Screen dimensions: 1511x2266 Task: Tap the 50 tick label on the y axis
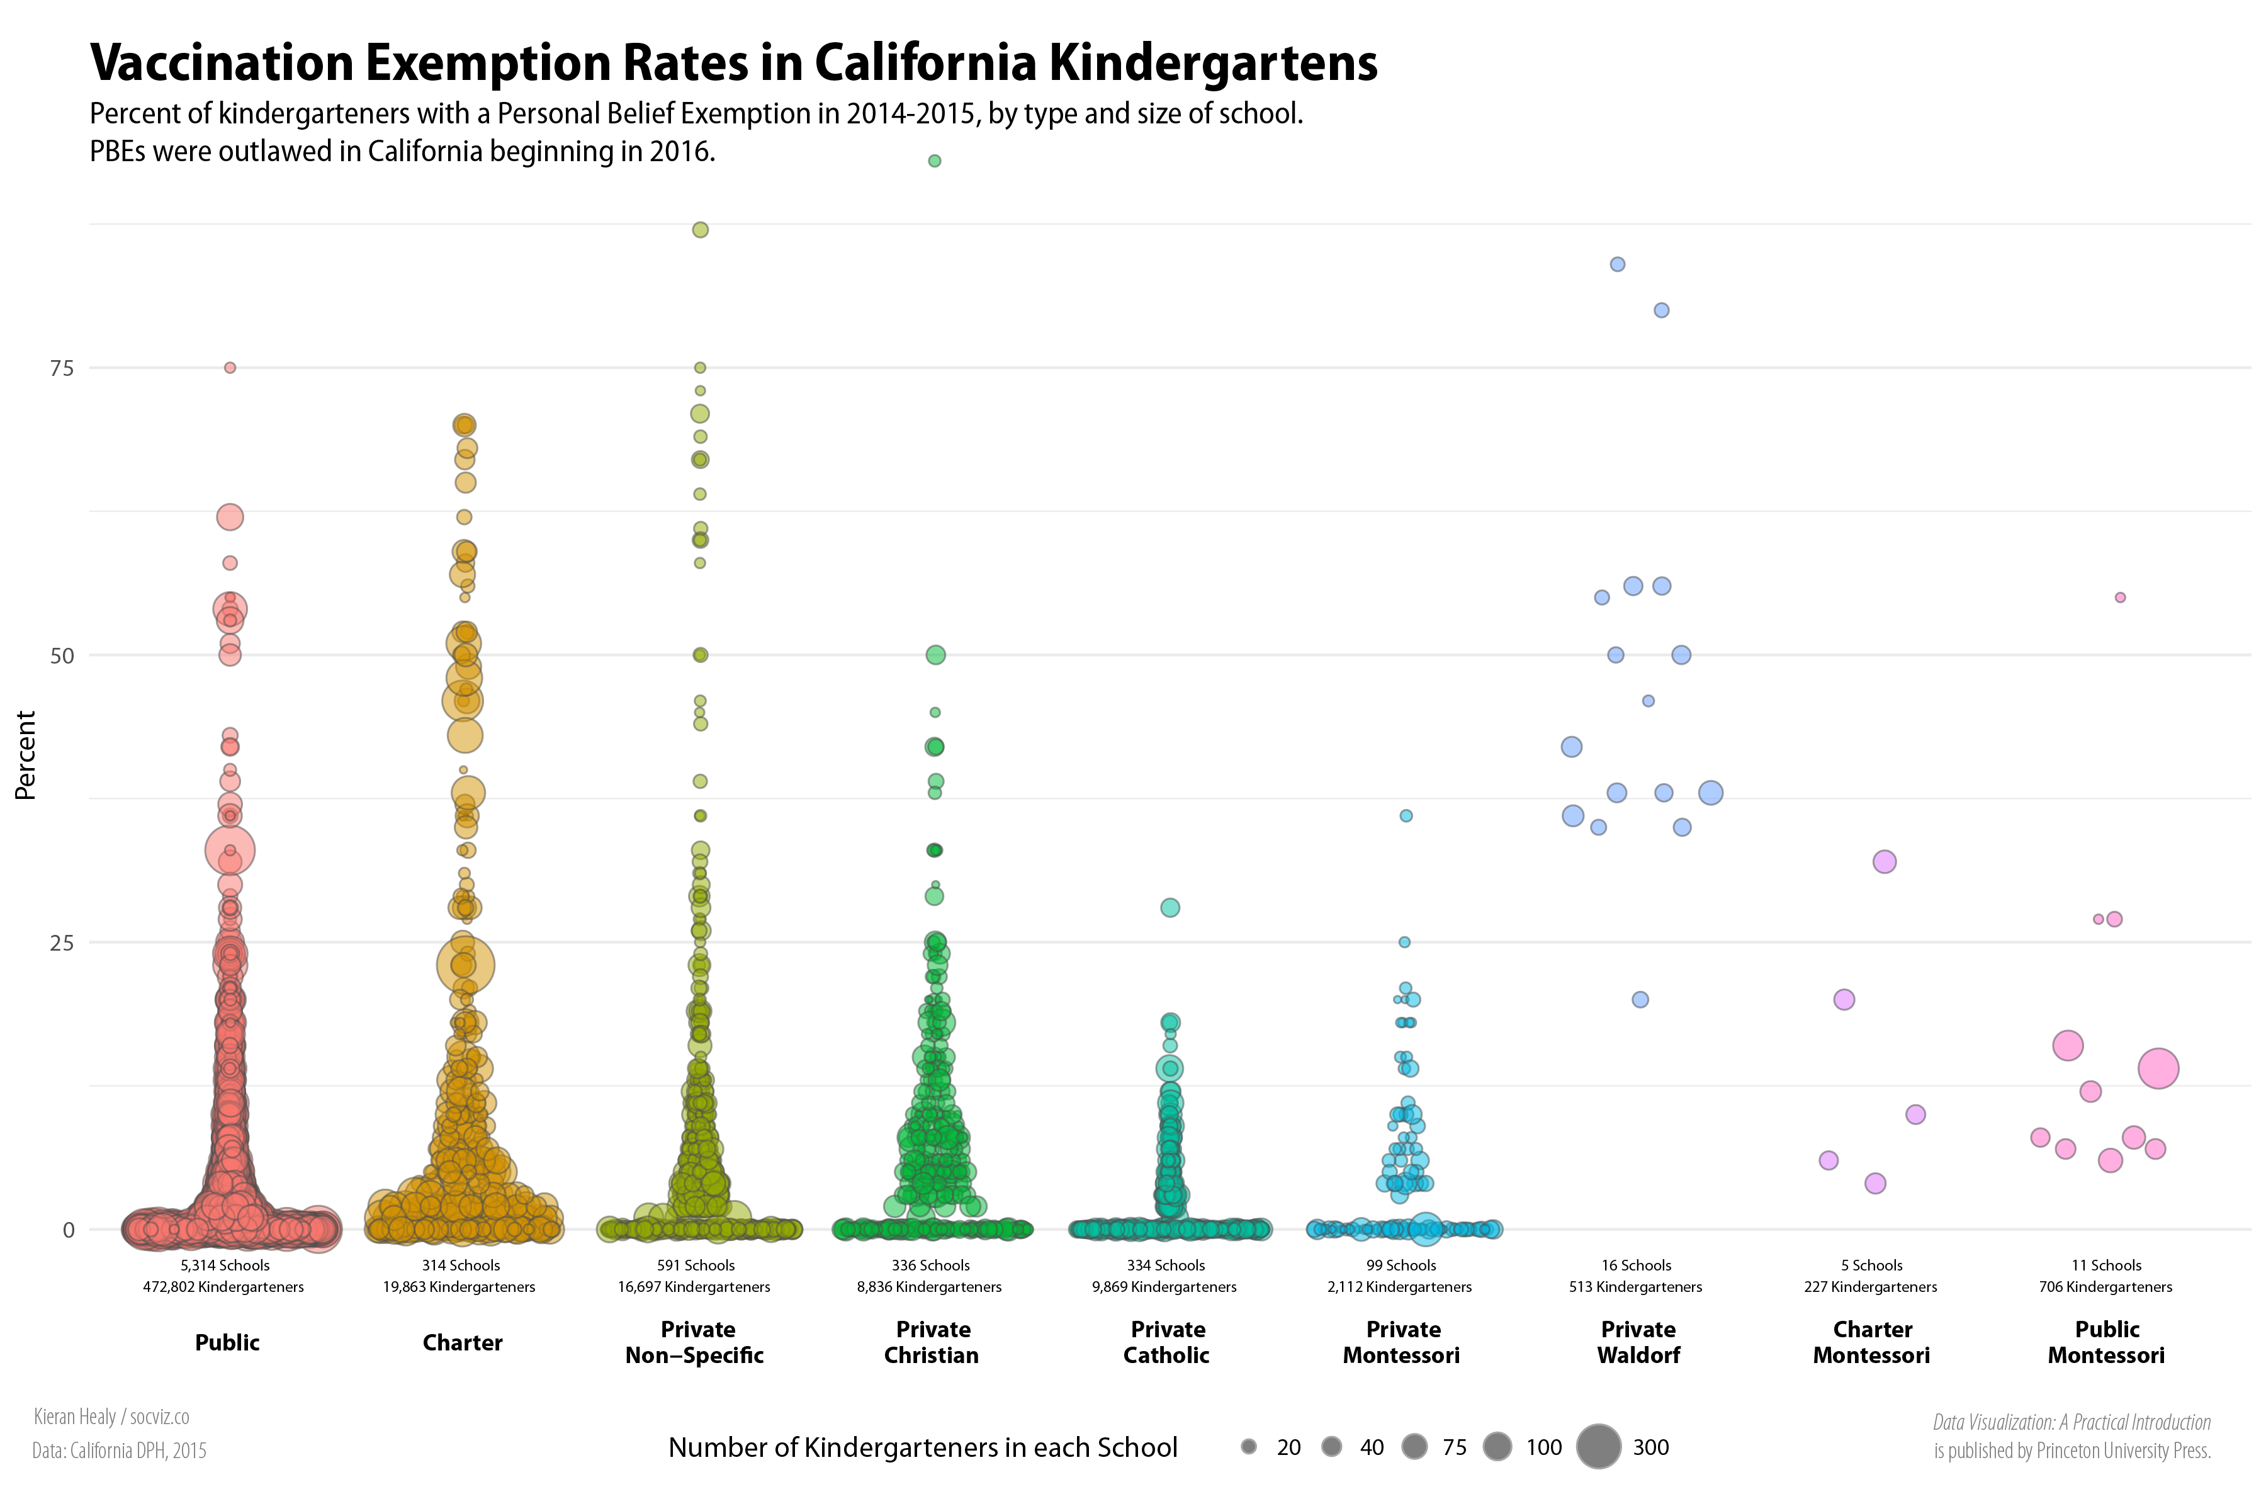tap(62, 656)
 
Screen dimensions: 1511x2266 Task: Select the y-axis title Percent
tap(25, 756)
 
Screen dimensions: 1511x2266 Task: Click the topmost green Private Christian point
tap(933, 161)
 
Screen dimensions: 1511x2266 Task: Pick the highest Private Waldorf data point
tap(1618, 264)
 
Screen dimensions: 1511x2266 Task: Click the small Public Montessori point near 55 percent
tap(2119, 597)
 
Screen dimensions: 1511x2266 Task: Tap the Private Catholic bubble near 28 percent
tap(1170, 908)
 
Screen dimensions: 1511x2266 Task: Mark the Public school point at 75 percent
tap(229, 367)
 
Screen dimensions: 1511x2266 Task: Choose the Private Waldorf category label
tap(1638, 1342)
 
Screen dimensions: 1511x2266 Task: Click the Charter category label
tap(463, 1342)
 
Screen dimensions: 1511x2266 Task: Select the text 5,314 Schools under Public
tap(225, 1265)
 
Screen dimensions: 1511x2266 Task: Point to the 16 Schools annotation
tap(1636, 1265)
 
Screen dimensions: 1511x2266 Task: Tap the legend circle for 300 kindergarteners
tap(1598, 1446)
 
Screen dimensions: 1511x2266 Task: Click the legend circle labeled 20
tap(1249, 1446)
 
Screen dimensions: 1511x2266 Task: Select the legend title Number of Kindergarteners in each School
tap(922, 1447)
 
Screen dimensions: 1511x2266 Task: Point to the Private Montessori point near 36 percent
tap(1406, 815)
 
